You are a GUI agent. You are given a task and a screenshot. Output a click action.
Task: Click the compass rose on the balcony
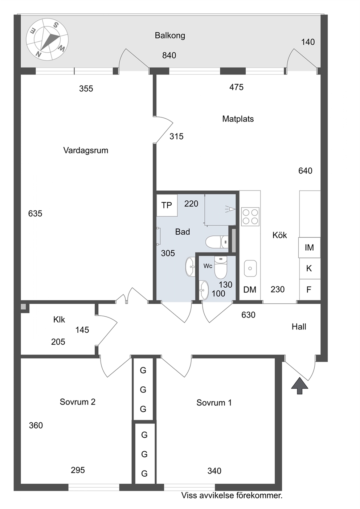[x=47, y=40]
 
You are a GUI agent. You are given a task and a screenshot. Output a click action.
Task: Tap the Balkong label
[x=170, y=36]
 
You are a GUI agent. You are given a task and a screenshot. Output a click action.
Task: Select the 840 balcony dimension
[x=169, y=56]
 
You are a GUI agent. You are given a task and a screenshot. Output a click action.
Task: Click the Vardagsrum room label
[x=86, y=151]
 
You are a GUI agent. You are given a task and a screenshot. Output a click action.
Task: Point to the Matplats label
[x=238, y=119]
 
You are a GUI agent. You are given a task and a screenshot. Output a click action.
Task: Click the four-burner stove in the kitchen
[x=250, y=217]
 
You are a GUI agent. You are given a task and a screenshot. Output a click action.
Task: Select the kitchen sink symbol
[x=250, y=268]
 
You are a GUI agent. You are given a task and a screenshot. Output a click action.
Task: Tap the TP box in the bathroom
[x=167, y=205]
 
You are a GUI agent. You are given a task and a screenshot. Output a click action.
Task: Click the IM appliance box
[x=309, y=247]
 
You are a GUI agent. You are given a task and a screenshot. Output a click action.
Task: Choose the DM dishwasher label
[x=250, y=290]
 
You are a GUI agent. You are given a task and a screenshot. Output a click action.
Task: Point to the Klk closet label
[x=59, y=320]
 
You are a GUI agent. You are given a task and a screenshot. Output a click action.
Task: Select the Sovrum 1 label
[x=214, y=403]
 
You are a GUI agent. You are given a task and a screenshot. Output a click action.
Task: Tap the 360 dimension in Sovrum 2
[x=36, y=426]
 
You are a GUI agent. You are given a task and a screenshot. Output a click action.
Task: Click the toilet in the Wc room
[x=221, y=267]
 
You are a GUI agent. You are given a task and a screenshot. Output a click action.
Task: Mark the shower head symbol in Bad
[x=230, y=209]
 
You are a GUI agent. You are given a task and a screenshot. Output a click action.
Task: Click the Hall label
[x=299, y=327]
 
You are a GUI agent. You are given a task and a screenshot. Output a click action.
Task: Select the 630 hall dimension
[x=249, y=315]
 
